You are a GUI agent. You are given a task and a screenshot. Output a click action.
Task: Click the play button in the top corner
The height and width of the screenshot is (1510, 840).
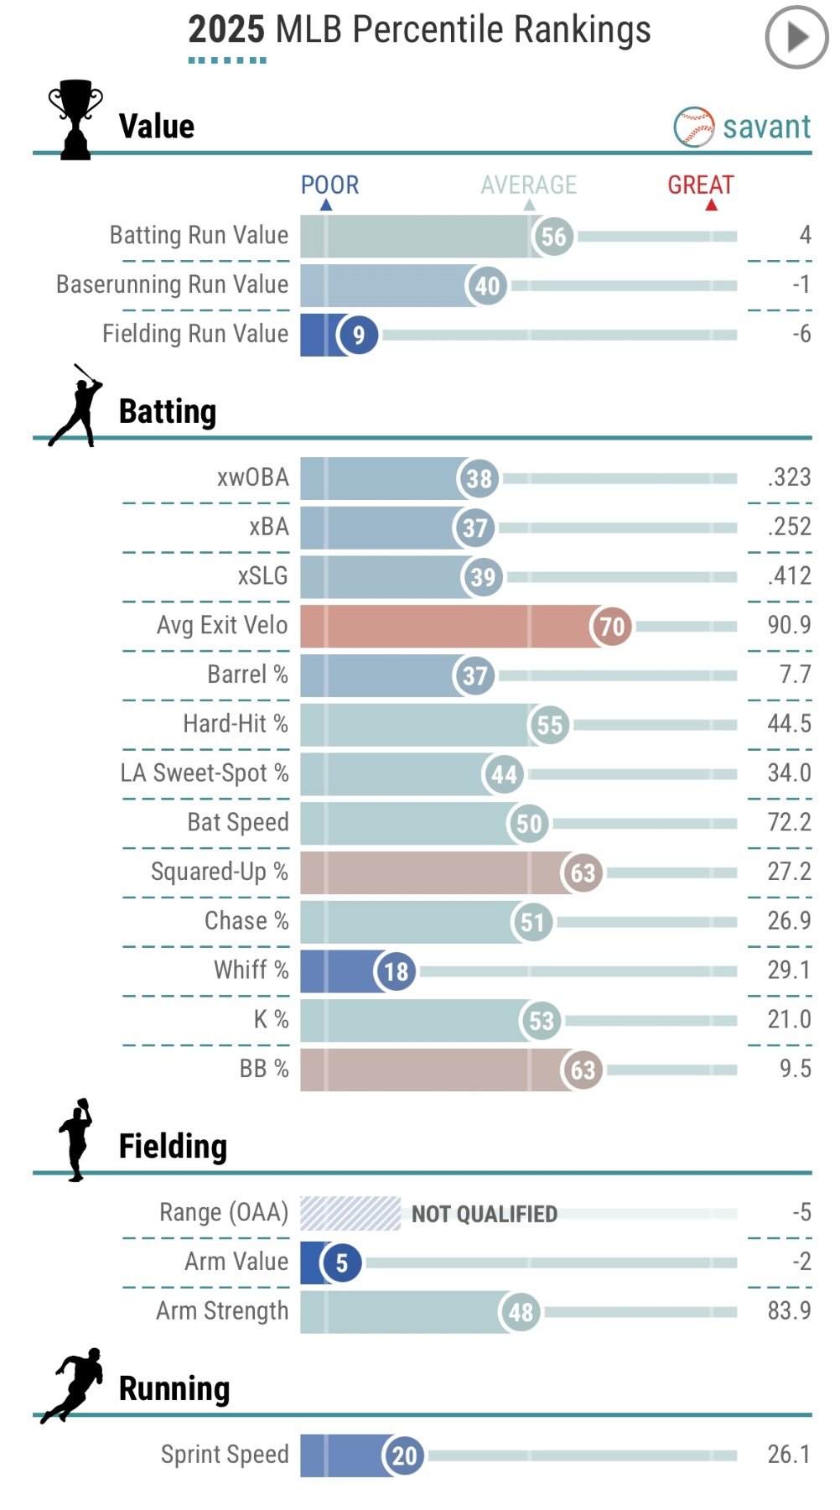coord(796,37)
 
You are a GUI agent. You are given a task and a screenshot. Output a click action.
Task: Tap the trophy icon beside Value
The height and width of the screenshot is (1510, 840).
coord(75,119)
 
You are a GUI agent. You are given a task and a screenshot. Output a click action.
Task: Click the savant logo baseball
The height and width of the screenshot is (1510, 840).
coord(694,127)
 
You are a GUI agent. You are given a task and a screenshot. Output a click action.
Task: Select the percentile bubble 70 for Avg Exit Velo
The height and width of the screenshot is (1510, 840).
coord(612,626)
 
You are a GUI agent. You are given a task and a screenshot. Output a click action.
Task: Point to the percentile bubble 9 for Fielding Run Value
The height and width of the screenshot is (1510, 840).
coord(358,335)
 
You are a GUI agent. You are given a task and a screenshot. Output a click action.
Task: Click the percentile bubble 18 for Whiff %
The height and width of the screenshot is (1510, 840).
coord(396,971)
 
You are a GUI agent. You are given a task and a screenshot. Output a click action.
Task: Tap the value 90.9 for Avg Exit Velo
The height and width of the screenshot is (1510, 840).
coord(789,625)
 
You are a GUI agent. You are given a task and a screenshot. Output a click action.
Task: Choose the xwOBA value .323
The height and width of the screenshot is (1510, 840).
coord(789,477)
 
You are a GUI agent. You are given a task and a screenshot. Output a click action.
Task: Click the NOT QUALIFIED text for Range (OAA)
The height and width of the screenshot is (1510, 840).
coord(484,1214)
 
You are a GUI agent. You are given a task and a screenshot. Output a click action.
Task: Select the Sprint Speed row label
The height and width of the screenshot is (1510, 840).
coord(225,1454)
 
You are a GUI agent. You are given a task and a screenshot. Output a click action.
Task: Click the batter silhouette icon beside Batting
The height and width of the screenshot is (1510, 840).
coord(75,406)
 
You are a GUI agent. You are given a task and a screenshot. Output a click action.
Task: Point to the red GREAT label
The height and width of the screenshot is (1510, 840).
coord(700,185)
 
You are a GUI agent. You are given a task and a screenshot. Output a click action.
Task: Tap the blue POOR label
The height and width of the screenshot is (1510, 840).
coord(329,185)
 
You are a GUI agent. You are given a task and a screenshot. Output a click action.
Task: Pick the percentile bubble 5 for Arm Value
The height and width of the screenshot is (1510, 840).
coord(341,1263)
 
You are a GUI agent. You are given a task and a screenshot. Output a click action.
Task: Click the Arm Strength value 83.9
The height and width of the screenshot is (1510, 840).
coord(789,1310)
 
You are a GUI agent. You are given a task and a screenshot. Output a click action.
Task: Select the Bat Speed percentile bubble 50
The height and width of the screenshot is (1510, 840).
coord(528,824)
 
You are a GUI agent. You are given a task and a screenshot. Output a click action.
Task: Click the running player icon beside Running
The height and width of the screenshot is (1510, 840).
coord(74,1385)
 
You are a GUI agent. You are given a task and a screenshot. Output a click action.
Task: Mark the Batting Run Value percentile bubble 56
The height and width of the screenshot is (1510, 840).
coord(553,237)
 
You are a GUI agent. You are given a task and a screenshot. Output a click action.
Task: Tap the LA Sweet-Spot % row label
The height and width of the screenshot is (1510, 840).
coord(205,773)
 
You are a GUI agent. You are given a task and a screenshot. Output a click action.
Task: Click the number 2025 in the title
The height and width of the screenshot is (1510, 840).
coord(226,29)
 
